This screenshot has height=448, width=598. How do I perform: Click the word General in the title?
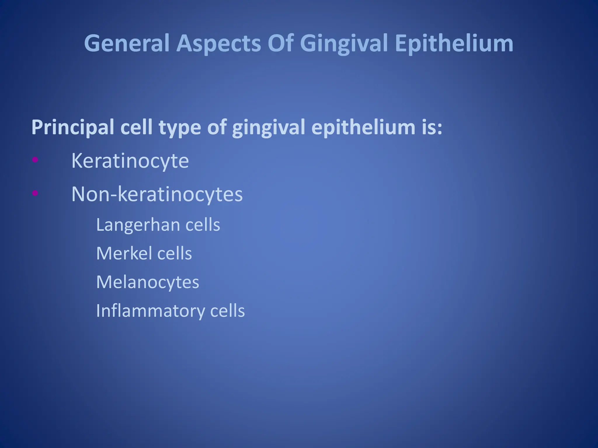(x=126, y=43)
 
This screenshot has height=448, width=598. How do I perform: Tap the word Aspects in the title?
(x=218, y=43)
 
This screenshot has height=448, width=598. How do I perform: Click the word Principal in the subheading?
(x=72, y=128)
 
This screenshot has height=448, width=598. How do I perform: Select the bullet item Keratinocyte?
(x=130, y=161)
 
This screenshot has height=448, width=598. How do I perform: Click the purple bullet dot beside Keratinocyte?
(x=35, y=159)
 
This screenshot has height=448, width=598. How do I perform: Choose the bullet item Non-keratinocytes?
(x=157, y=194)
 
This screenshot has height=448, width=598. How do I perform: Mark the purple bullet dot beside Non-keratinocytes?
(x=35, y=192)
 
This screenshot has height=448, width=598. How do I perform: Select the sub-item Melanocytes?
(x=147, y=282)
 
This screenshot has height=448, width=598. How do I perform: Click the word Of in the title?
(x=280, y=43)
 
